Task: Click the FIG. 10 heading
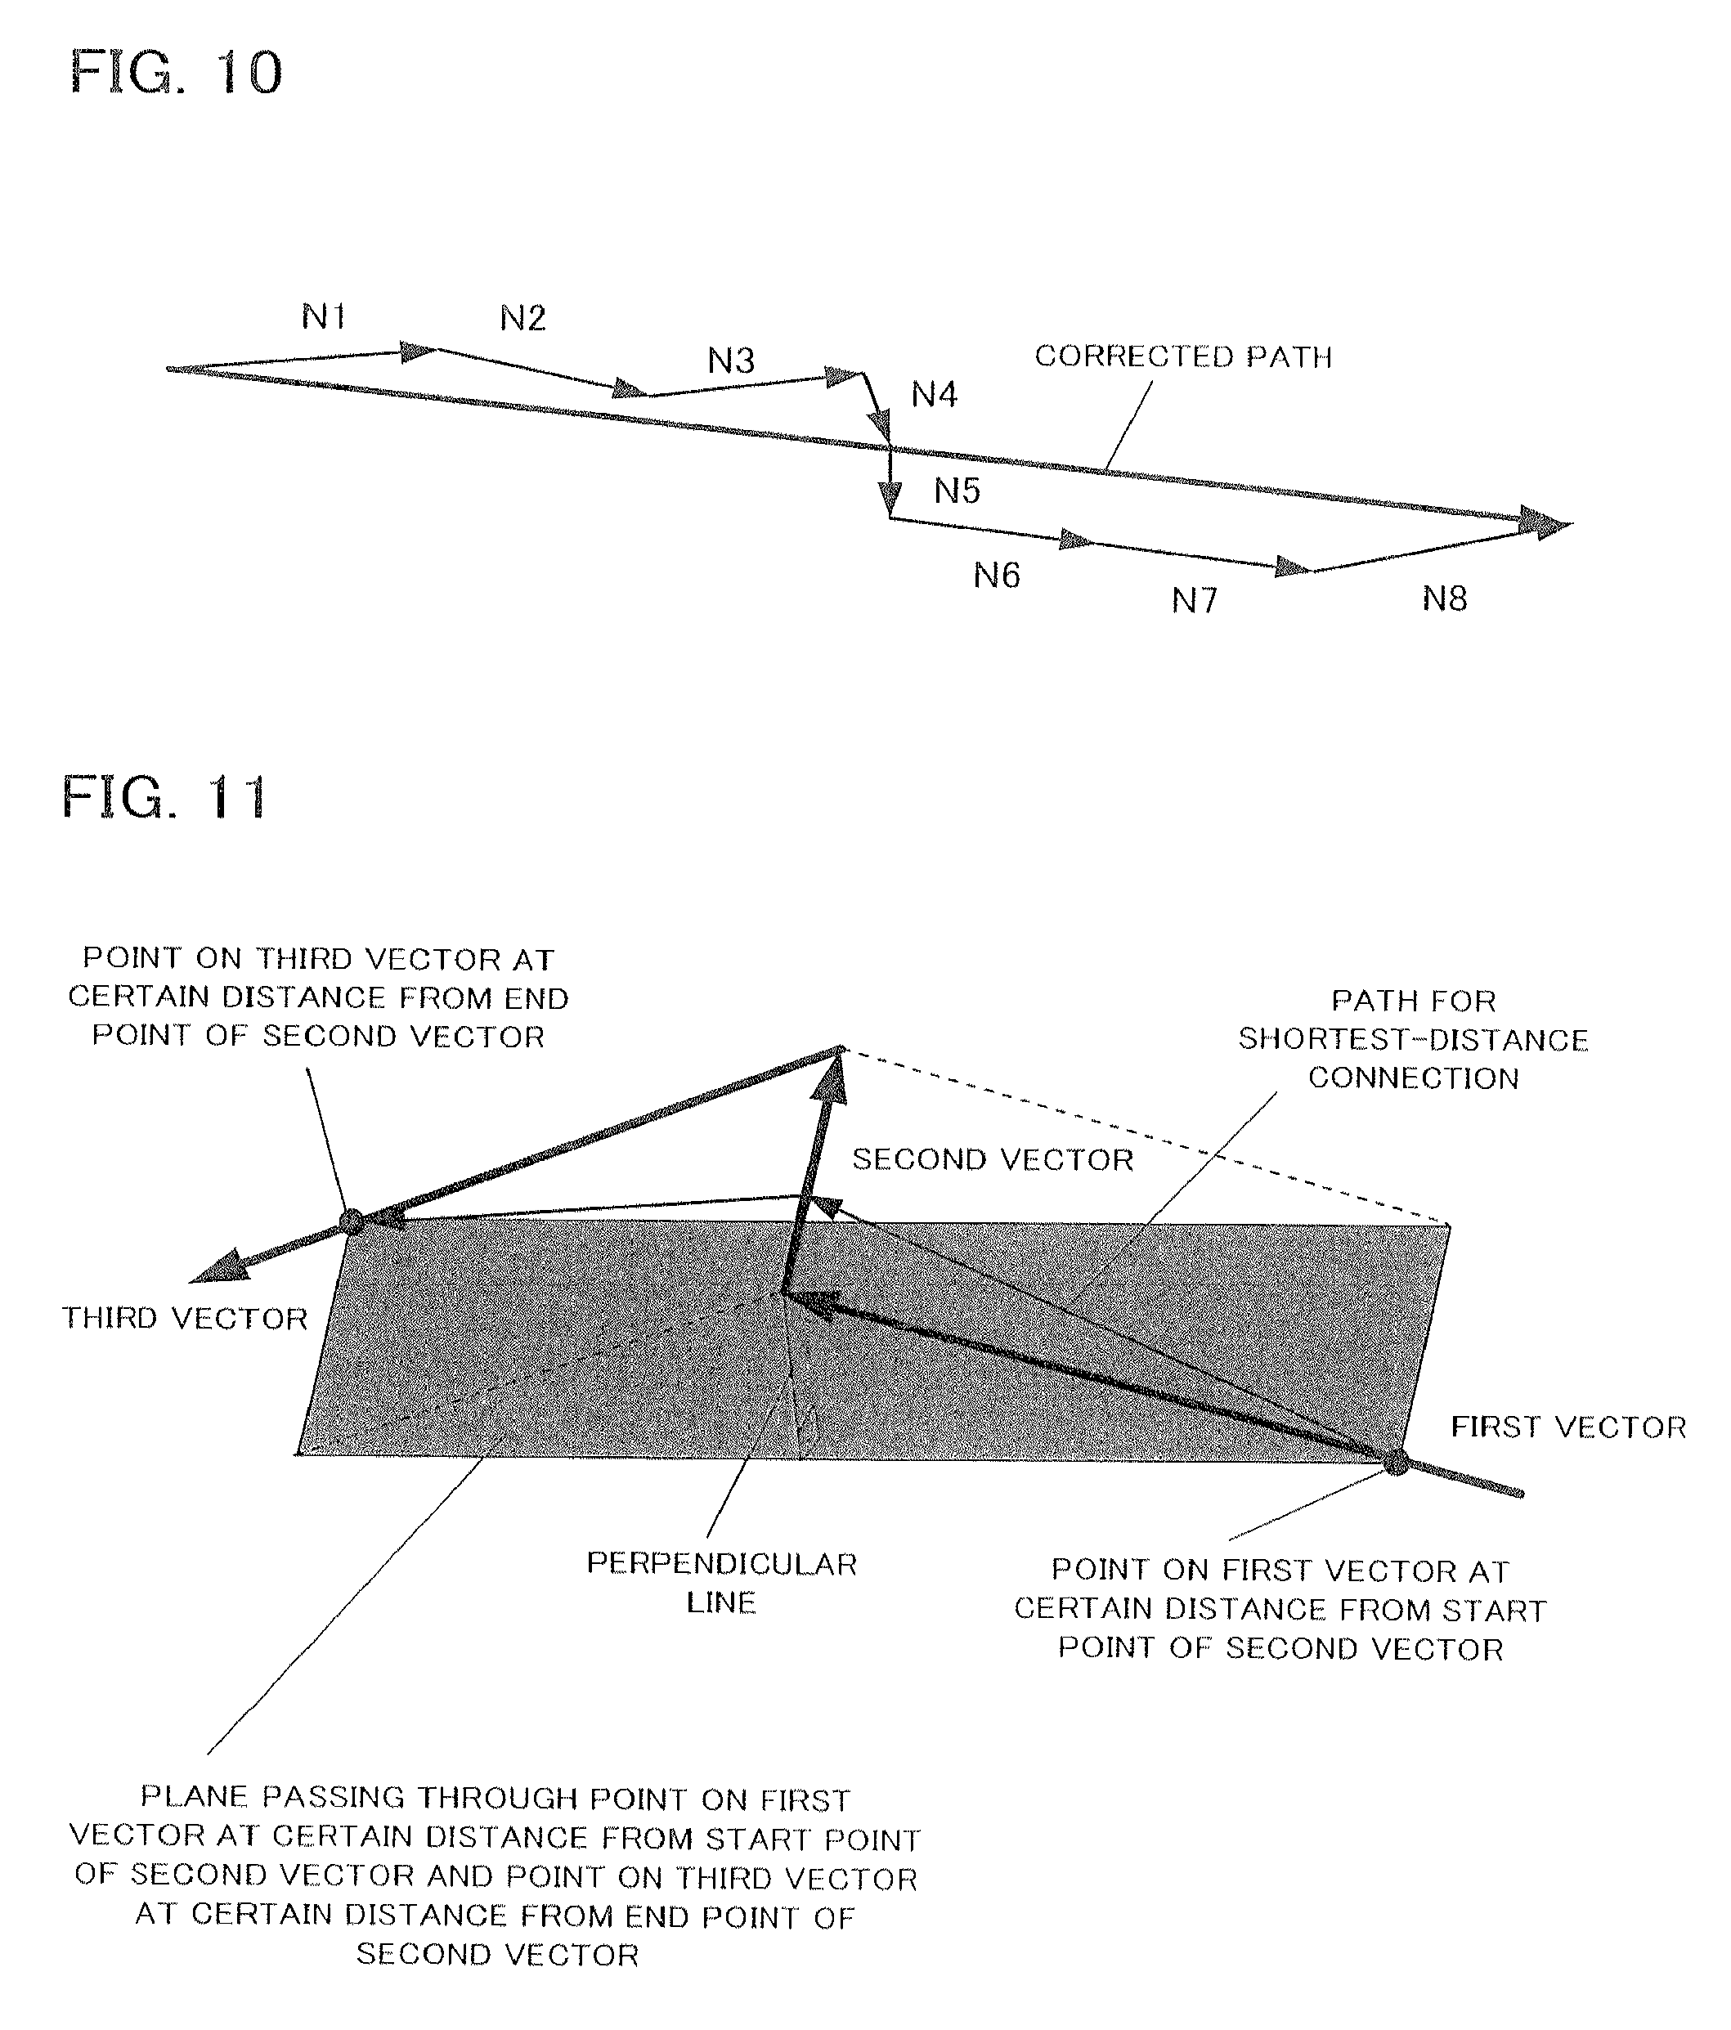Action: pos(177,73)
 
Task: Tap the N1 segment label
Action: pos(323,316)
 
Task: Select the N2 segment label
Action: pos(522,318)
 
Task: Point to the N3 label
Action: pos(731,361)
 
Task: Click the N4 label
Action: pos(934,395)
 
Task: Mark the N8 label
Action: pos(1444,598)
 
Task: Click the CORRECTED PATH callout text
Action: pos(1183,356)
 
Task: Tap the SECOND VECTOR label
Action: pos(993,1160)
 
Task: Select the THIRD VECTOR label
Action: pos(185,1319)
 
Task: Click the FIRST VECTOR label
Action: pos(1568,1427)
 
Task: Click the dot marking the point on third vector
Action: pos(351,1221)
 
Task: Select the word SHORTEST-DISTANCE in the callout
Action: pos(1413,1039)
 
